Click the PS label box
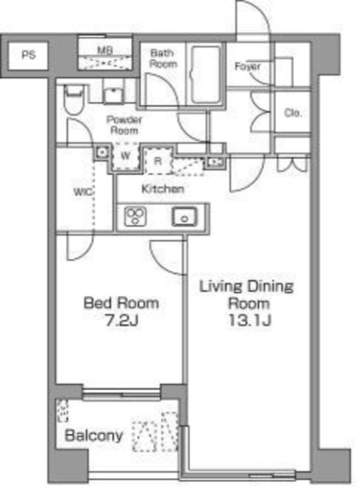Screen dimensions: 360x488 (x=28, y=56)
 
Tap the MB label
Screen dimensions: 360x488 (x=105, y=50)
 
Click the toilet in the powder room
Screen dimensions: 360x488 (x=74, y=100)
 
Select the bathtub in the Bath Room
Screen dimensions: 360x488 (x=205, y=74)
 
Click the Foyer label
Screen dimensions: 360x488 (x=248, y=66)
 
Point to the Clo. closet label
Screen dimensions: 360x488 (x=293, y=113)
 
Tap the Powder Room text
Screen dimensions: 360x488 (x=124, y=125)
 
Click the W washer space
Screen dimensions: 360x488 (x=126, y=156)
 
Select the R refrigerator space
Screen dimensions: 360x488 (x=158, y=161)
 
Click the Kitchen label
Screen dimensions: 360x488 (x=162, y=188)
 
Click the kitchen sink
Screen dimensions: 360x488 (x=185, y=217)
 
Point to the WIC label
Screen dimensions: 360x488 (x=83, y=191)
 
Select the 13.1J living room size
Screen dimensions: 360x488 (x=250, y=320)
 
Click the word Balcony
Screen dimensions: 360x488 (x=94, y=435)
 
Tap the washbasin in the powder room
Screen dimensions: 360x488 (x=114, y=95)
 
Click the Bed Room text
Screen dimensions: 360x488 (x=121, y=303)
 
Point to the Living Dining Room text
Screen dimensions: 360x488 (x=246, y=295)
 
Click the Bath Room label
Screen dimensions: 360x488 (x=163, y=59)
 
